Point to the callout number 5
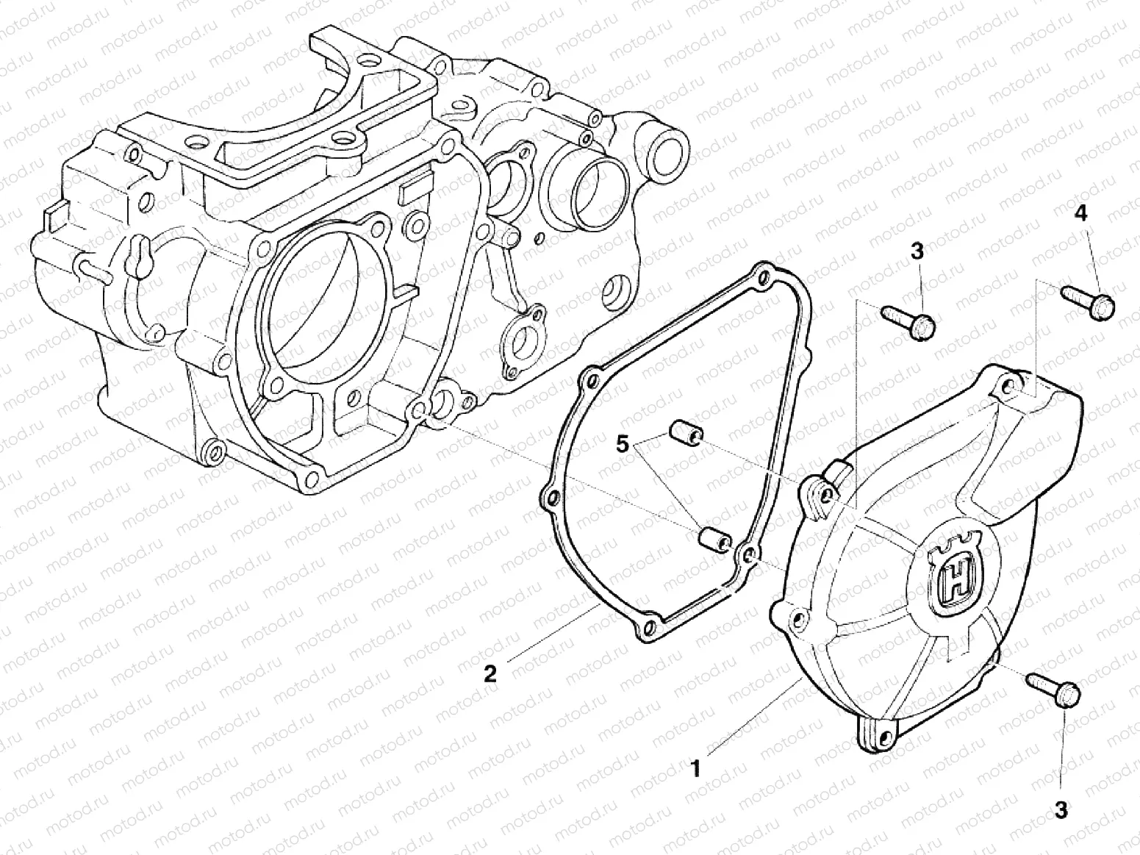623,444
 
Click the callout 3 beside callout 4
916,251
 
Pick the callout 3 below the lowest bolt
1060,810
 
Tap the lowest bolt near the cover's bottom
1055,688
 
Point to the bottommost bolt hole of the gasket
645,629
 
